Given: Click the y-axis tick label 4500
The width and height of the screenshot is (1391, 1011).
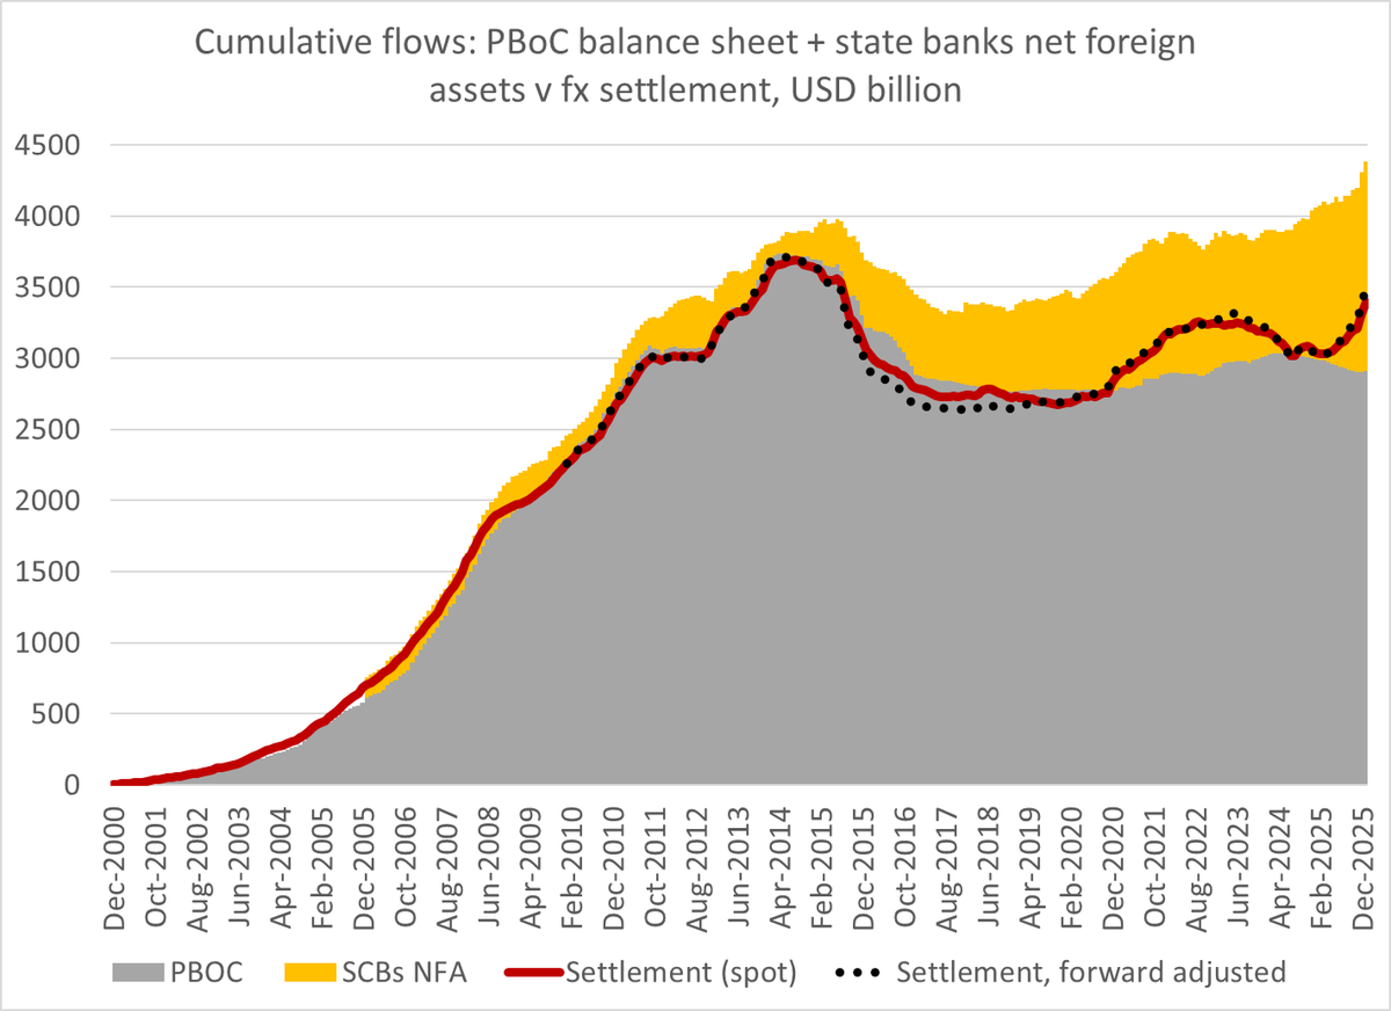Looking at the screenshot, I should point(47,145).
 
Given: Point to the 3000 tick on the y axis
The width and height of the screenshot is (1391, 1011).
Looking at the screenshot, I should point(47,358).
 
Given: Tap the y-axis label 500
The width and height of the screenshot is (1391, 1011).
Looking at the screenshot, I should point(55,714).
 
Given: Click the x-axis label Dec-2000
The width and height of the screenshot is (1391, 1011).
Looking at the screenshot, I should point(115,869).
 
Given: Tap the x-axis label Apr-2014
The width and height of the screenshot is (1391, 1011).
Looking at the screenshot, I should point(781,869).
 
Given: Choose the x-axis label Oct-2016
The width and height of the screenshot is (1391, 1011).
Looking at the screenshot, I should point(905,869).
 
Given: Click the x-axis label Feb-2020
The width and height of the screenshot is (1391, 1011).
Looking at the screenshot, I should point(1072,869).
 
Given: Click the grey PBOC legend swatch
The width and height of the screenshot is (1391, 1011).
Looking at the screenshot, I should point(138,972).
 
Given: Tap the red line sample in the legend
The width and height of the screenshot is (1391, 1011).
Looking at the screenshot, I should point(534,972).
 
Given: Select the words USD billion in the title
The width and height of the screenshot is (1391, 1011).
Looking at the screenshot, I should point(876,90).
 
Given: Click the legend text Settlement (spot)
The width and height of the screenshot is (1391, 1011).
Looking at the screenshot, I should point(681,972).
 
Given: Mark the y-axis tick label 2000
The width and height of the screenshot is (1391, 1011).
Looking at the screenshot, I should point(47,500).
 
